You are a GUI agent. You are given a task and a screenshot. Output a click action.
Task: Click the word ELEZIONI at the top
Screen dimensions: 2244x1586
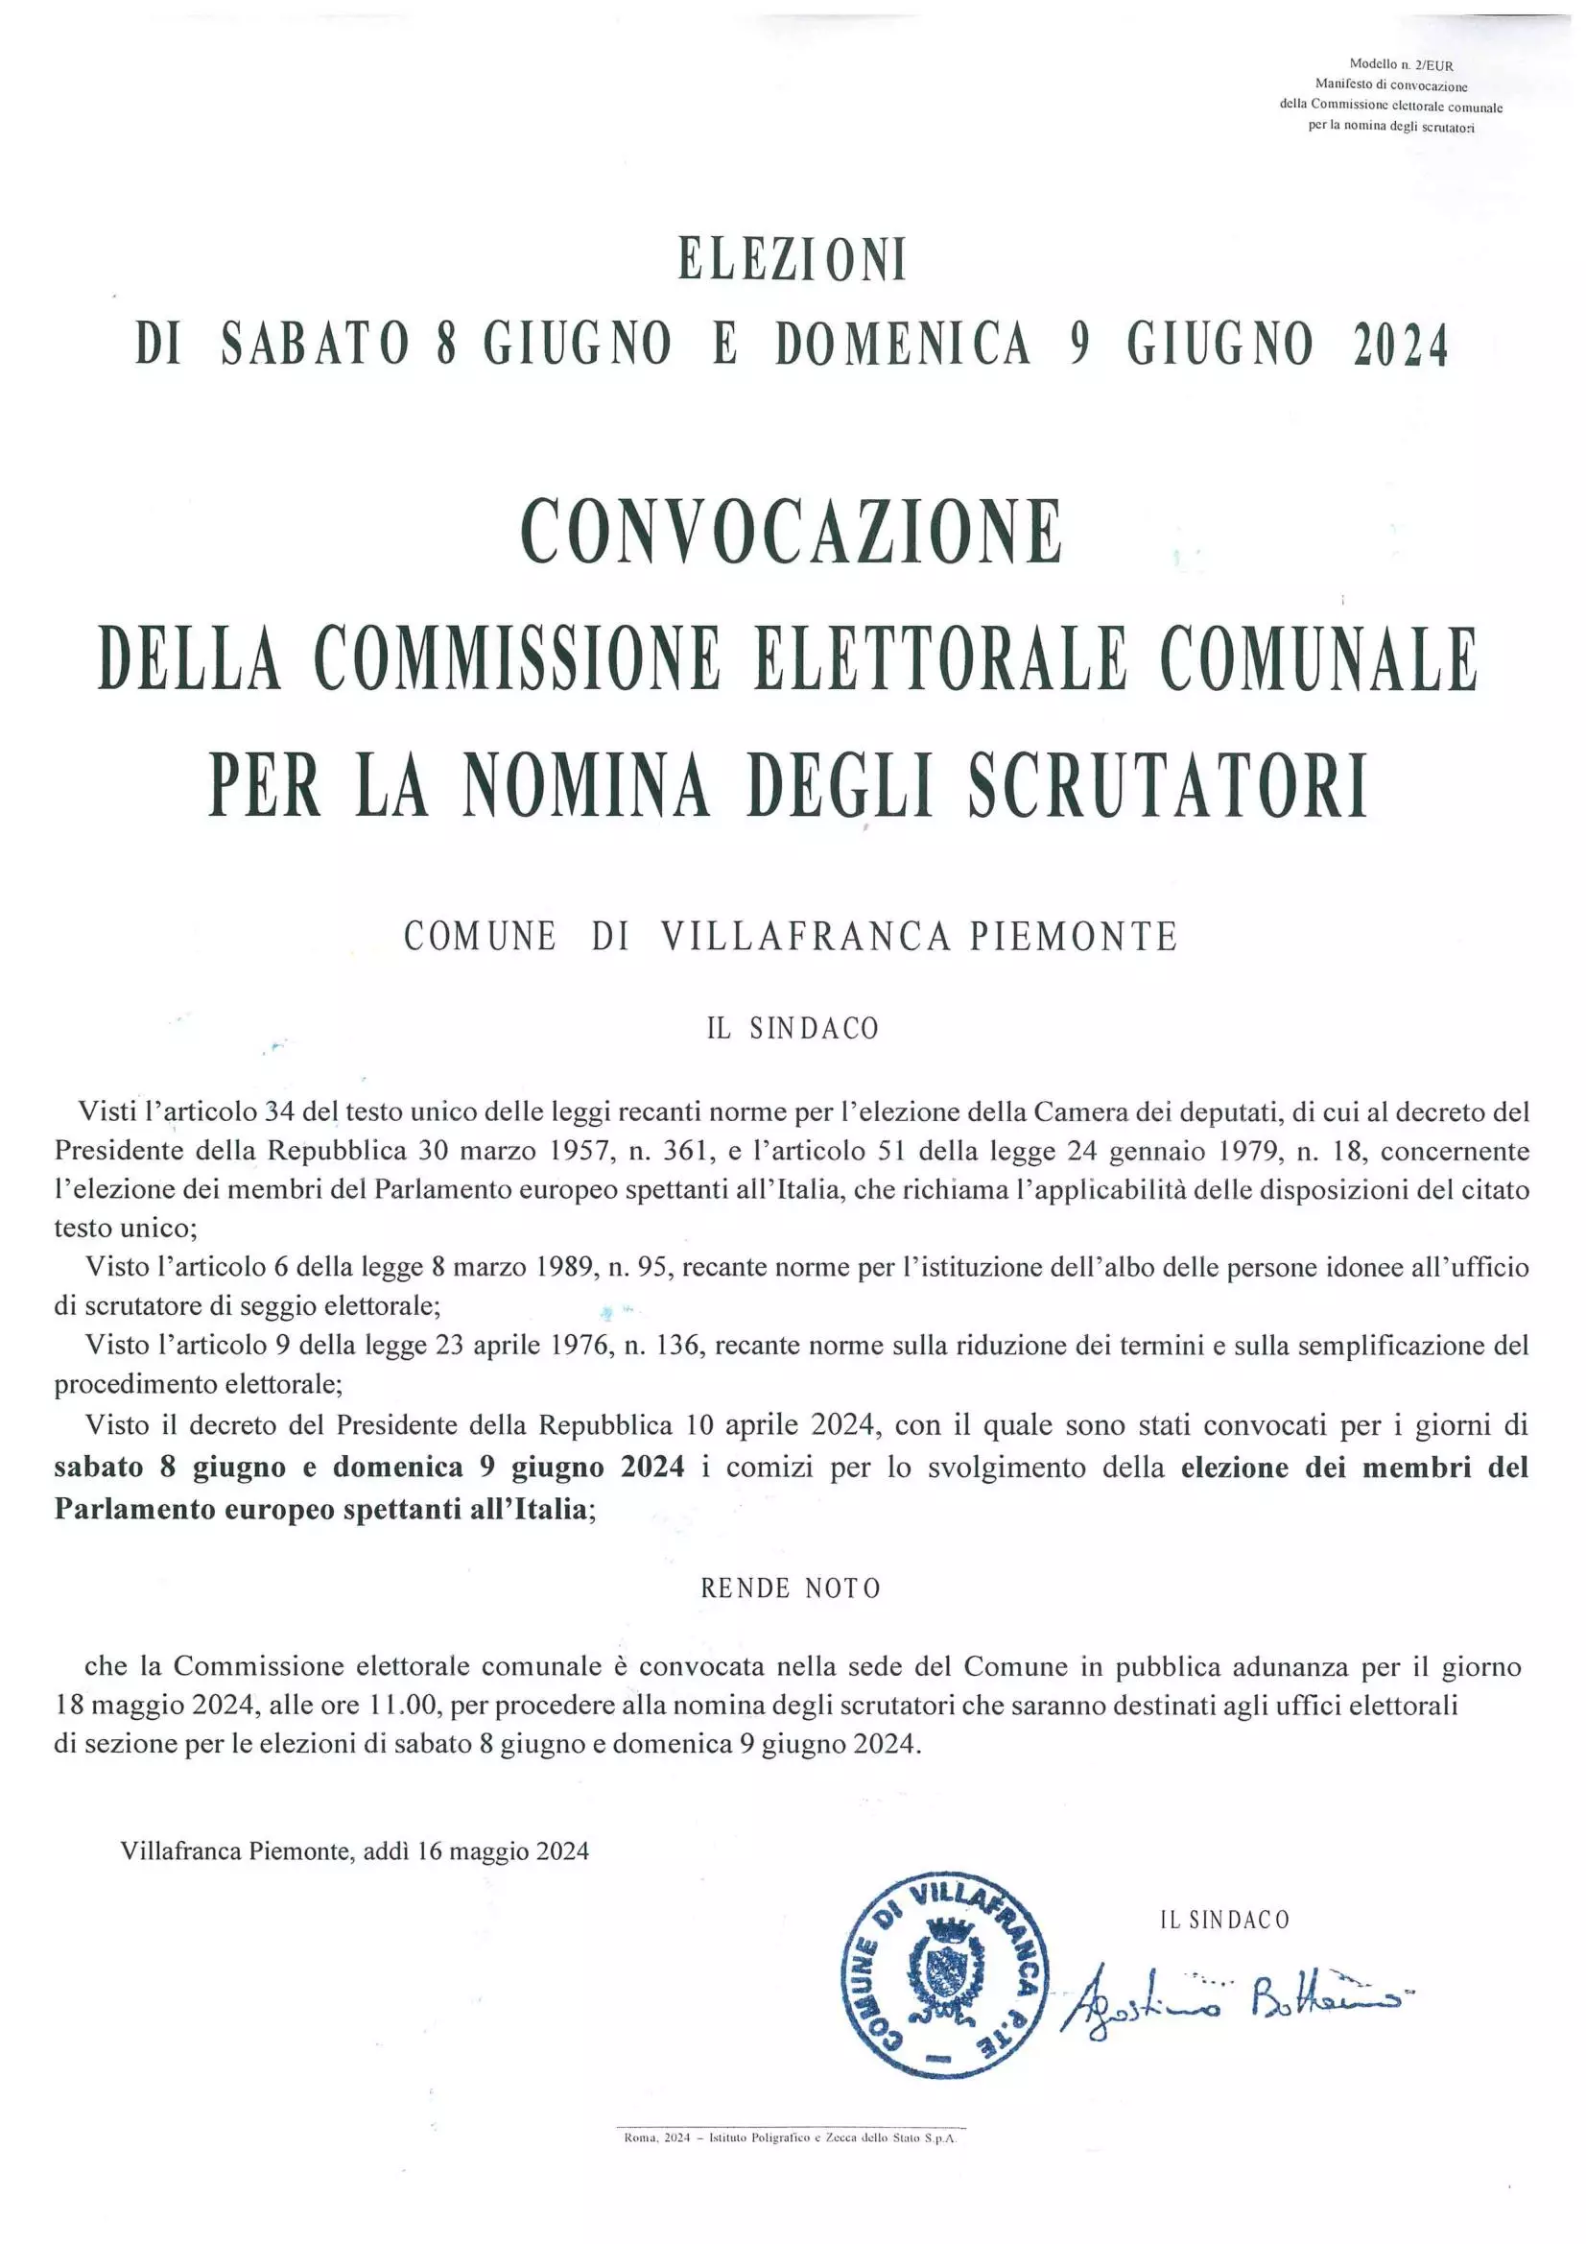[793, 262]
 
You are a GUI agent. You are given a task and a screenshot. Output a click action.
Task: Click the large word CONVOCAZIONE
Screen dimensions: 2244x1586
[792, 532]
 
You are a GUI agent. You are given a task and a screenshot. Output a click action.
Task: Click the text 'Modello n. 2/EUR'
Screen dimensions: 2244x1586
[1400, 65]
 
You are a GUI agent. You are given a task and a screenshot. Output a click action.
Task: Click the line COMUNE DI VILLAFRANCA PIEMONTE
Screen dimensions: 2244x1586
[791, 937]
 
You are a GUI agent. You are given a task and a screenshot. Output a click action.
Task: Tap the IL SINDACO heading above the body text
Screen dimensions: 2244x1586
[793, 1028]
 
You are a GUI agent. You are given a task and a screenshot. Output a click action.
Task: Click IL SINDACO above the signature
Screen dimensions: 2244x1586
[1224, 1920]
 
